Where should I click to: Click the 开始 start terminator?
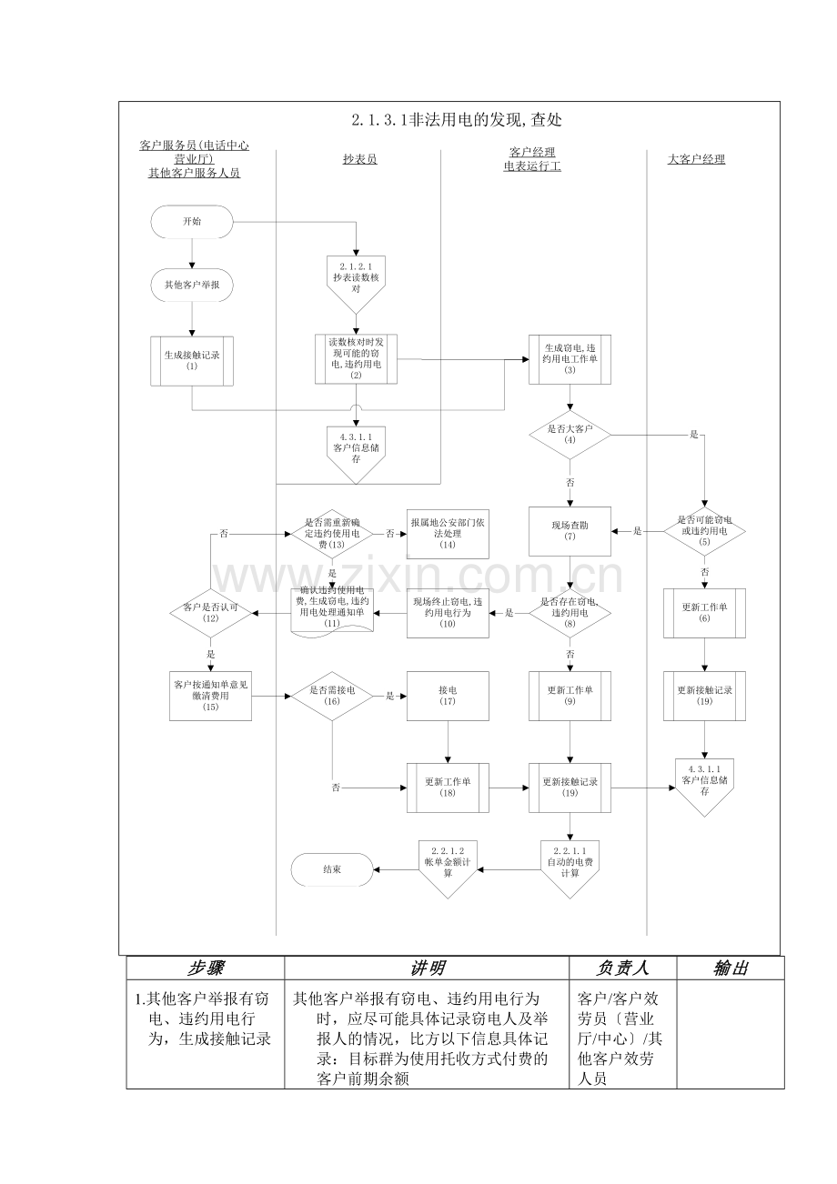[x=192, y=221]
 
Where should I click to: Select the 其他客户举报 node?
[x=192, y=285]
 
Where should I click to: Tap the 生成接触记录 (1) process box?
[x=192, y=360]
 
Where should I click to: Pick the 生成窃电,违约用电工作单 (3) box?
[x=570, y=359]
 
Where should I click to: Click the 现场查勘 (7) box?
[x=570, y=531]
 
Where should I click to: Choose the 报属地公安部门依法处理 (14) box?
[x=447, y=533]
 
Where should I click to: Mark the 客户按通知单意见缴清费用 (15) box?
[x=210, y=696]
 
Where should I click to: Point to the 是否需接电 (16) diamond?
[x=331, y=696]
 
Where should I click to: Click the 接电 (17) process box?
[x=447, y=696]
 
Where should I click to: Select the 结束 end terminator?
[x=332, y=869]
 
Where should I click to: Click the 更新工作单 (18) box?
[x=447, y=788]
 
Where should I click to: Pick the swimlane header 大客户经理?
[x=696, y=159]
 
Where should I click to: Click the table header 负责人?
[x=622, y=968]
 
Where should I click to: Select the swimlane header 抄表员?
[x=359, y=159]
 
